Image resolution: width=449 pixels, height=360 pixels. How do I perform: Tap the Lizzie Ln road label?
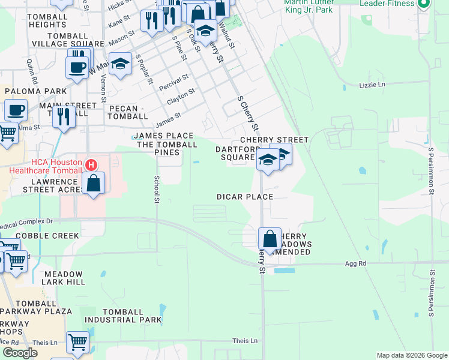372,85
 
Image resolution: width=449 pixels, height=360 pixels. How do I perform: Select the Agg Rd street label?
355,263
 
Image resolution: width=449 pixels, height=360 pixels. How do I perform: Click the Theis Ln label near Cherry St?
244,341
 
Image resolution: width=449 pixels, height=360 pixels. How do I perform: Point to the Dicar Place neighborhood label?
245,197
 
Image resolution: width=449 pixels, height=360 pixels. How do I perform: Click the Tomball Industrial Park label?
132,316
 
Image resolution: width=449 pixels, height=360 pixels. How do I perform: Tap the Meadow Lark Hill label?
64,278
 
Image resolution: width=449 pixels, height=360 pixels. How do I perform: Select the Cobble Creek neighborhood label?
40,236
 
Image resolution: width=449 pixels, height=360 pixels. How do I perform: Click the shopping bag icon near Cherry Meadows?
270,238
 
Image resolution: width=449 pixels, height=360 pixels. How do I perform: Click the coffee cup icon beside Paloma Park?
16,110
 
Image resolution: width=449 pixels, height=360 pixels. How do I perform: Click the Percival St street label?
173,83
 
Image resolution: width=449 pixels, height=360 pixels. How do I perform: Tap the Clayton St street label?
181,96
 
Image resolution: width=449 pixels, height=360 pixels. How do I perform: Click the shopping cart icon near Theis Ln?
78,343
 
